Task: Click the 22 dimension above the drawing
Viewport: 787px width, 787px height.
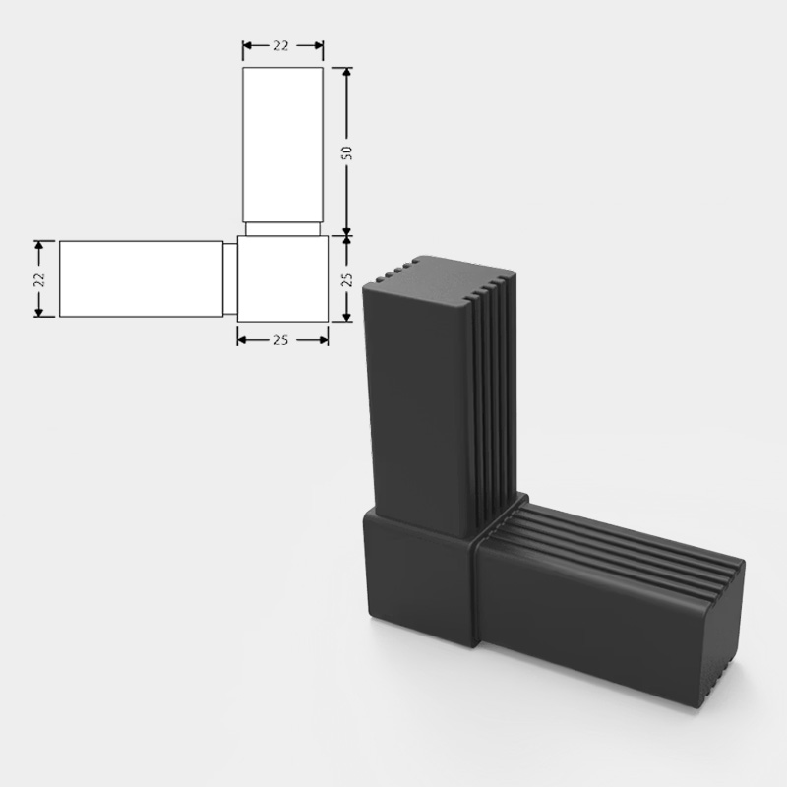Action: coord(282,46)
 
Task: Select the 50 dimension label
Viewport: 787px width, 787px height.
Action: coord(346,151)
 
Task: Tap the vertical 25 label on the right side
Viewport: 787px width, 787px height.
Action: coord(346,279)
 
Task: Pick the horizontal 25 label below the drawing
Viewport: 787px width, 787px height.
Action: coord(281,340)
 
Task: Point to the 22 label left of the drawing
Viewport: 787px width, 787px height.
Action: coord(38,278)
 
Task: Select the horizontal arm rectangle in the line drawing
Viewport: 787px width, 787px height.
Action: coord(140,278)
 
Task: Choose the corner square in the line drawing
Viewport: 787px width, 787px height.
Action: coord(282,279)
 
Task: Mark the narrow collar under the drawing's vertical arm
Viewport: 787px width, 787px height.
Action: coord(283,229)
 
